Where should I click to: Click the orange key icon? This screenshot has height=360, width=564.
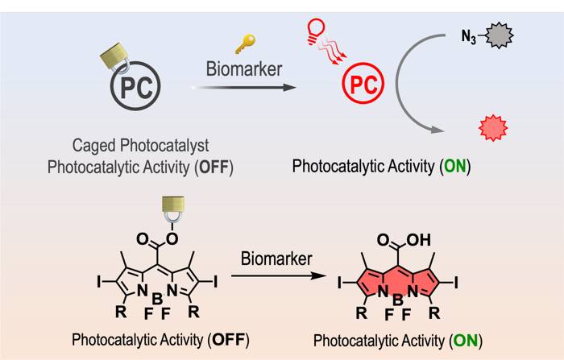245,43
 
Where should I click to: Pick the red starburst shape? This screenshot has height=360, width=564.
493,127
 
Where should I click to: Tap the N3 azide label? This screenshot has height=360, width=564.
468,37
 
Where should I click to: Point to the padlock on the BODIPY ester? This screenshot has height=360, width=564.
173,208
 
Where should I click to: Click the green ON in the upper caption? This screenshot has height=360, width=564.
455,167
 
